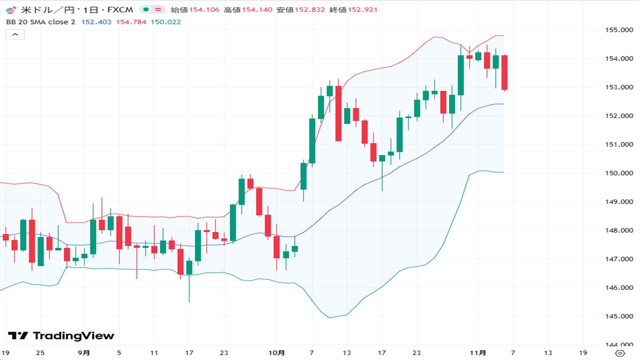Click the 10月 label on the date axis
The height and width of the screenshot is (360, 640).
[276, 352]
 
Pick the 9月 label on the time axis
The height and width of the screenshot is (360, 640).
[84, 352]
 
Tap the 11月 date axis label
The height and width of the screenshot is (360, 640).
[478, 352]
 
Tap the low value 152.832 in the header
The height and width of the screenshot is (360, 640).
[309, 9]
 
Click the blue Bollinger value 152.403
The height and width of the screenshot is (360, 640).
[96, 22]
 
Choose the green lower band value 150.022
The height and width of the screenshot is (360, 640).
[165, 22]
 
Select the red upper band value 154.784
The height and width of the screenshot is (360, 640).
[131, 22]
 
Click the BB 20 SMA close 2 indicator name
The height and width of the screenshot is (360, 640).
[40, 22]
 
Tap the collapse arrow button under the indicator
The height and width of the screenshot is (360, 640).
[15, 34]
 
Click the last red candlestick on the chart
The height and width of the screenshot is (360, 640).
[504, 72]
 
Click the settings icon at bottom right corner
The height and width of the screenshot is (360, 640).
[619, 352]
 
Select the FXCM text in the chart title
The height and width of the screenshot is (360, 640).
[123, 9]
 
